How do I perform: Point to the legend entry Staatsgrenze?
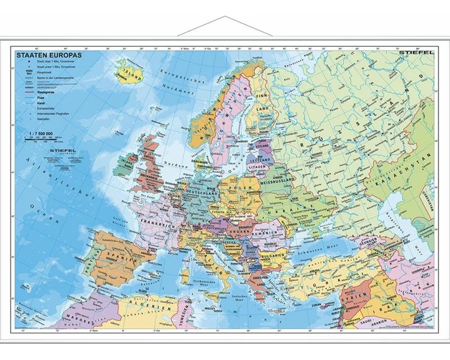point(43,90)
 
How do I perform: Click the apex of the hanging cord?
point(225,17)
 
